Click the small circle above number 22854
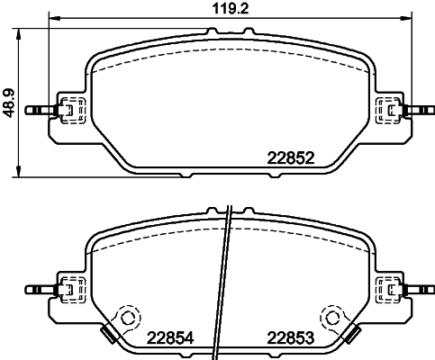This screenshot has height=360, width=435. coord(127,317)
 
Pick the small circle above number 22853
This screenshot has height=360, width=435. coord(332,317)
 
